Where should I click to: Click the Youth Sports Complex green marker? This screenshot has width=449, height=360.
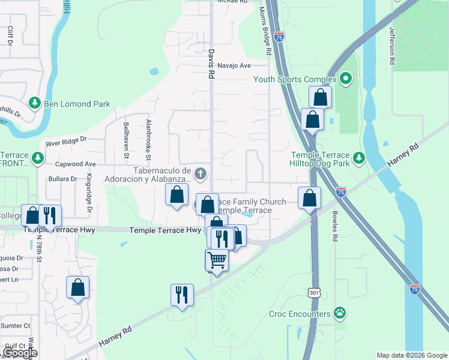(x=345, y=79)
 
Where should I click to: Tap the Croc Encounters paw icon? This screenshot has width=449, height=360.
(x=340, y=313)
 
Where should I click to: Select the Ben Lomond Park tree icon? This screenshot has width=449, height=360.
(x=35, y=104)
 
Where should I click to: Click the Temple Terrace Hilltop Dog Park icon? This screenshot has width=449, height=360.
(x=359, y=158)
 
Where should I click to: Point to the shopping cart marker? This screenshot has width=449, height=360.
(x=217, y=260)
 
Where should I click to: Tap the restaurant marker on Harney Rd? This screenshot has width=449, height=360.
(x=182, y=294)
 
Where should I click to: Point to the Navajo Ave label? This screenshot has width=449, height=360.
(x=234, y=65)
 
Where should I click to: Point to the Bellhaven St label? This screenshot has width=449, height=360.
(x=126, y=140)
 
